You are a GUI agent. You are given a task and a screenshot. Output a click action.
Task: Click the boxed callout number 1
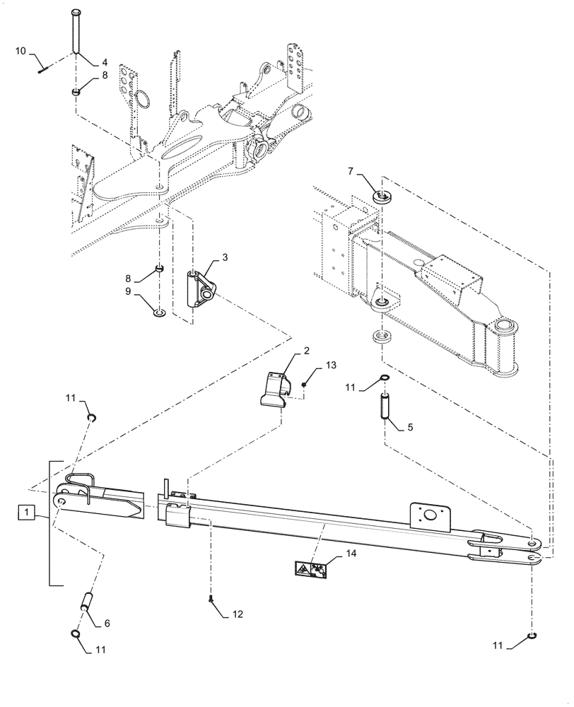click(x=25, y=510)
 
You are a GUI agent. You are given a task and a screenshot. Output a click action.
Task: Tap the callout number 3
click(x=224, y=259)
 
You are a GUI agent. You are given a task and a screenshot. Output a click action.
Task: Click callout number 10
click(x=20, y=50)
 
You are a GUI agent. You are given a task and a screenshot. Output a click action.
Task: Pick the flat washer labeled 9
click(x=160, y=311)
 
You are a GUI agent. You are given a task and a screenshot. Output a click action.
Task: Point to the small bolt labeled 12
click(x=211, y=600)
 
